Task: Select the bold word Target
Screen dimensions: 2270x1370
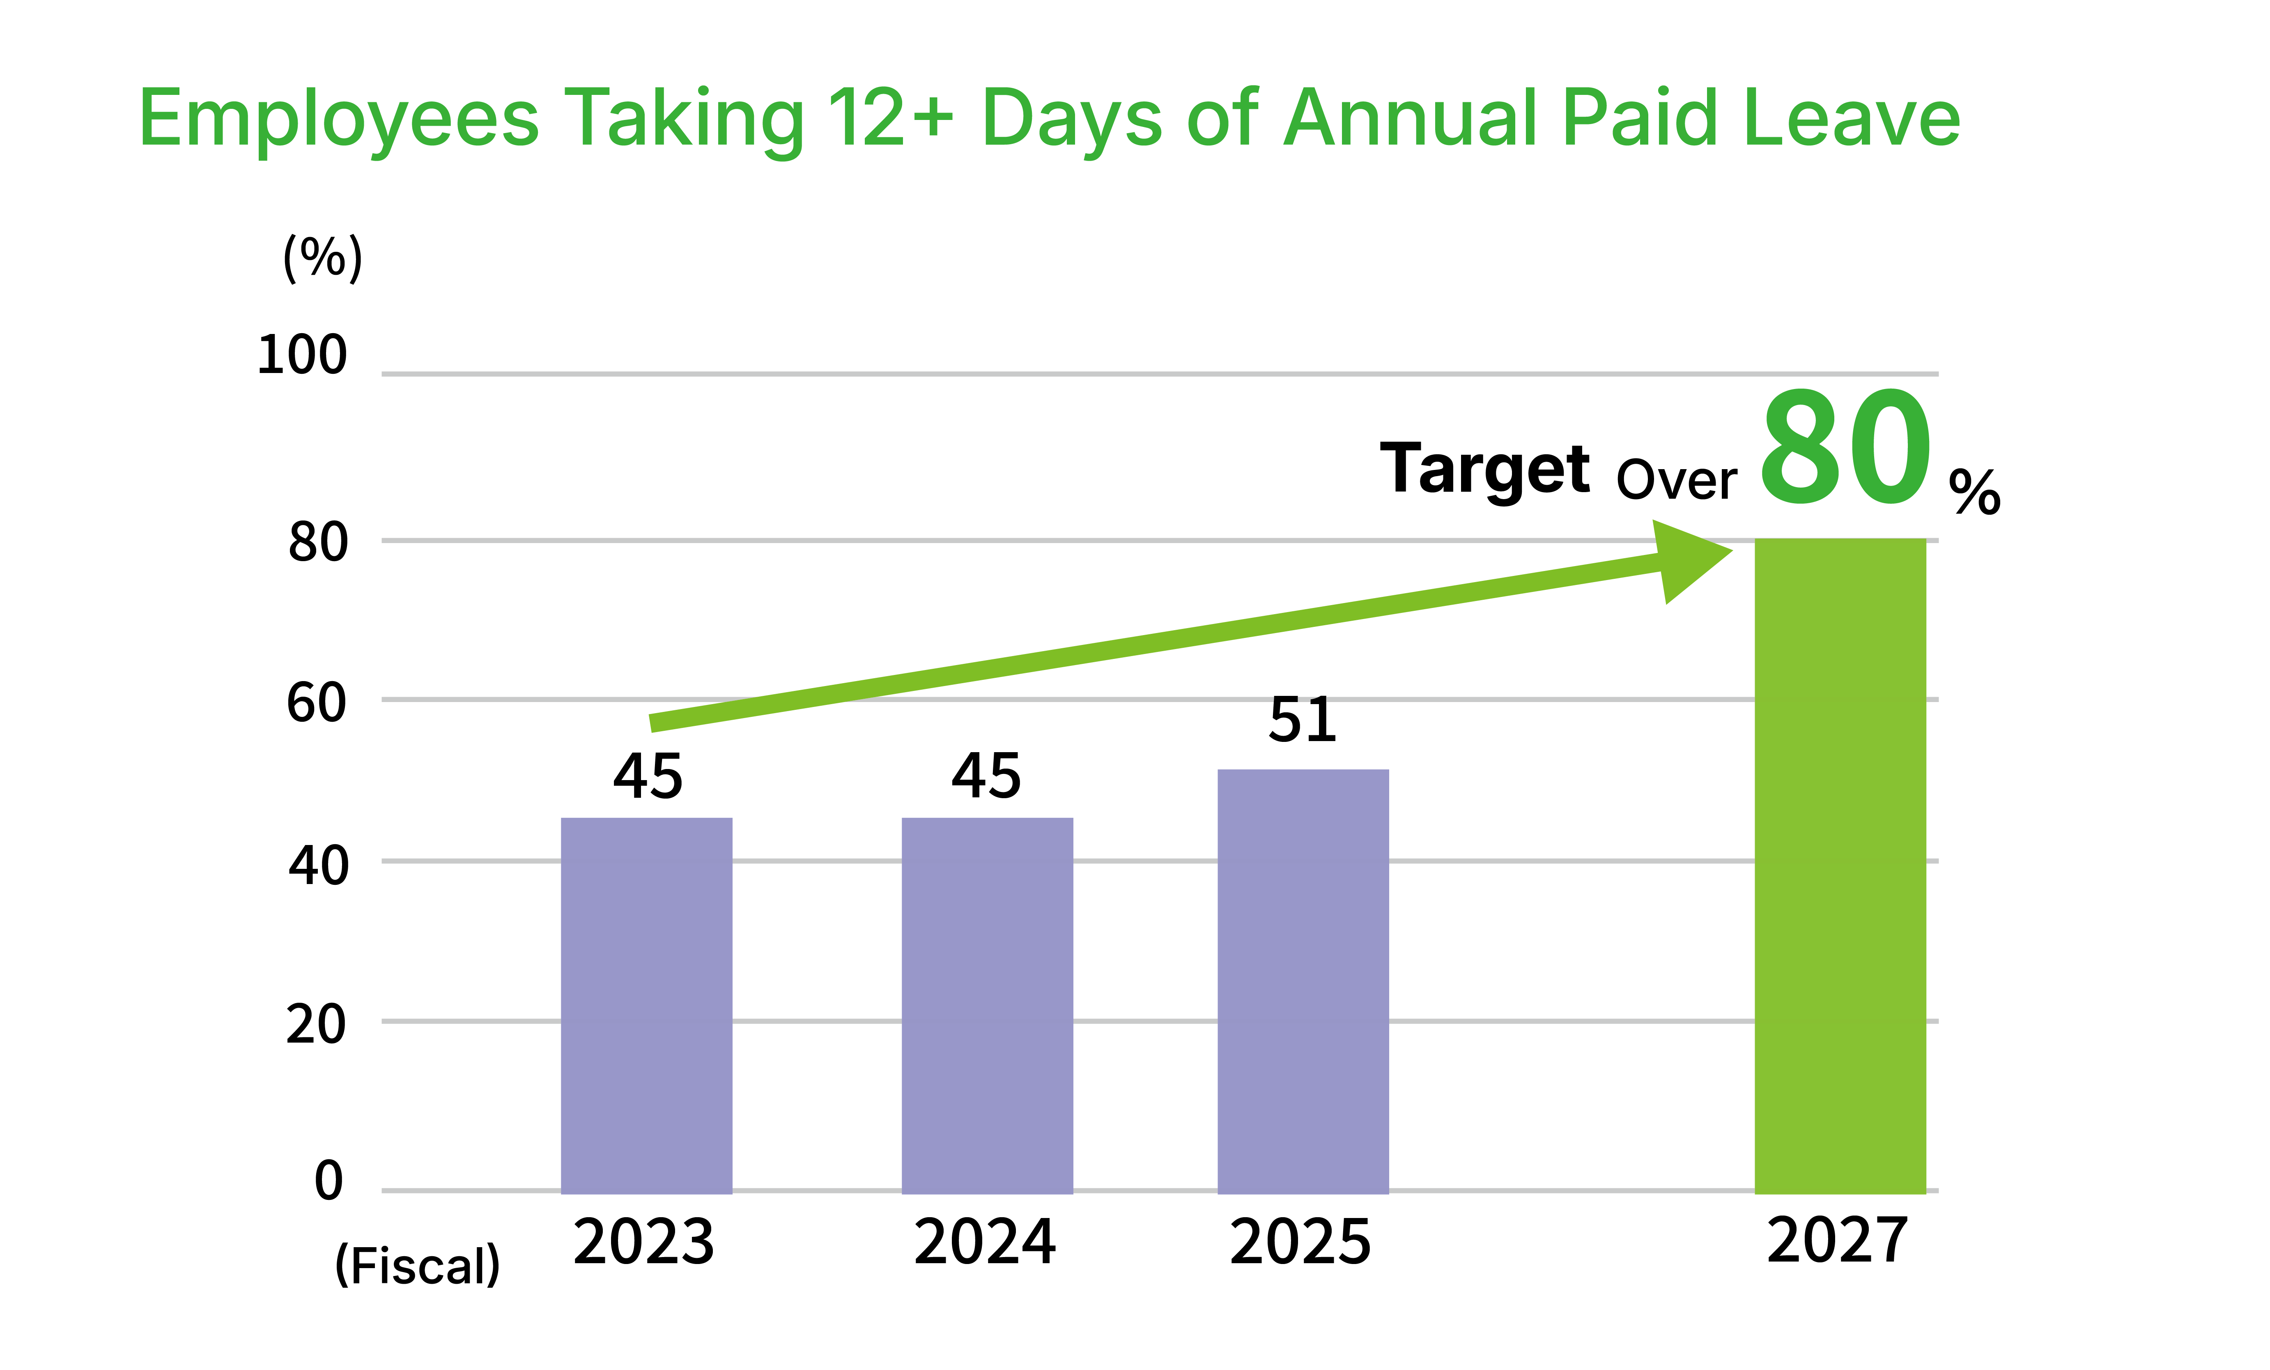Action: (x=1484, y=470)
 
